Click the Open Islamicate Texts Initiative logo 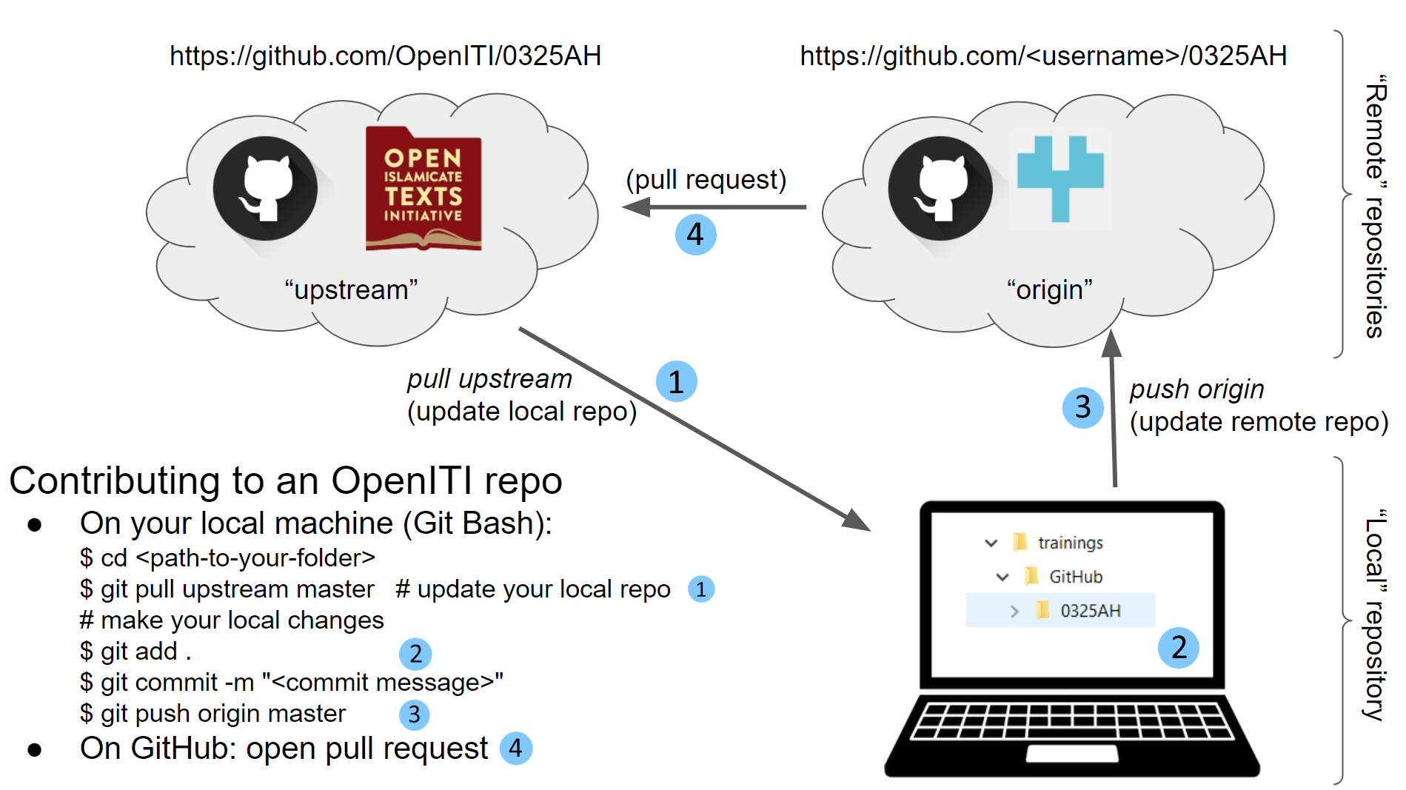coord(424,189)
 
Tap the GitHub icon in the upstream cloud coord(265,188)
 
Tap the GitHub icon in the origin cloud coord(940,188)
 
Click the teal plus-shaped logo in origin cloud coord(1060,178)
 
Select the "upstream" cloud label coord(351,289)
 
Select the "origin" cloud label coord(1049,289)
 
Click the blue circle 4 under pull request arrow coord(695,235)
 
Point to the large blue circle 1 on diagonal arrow coord(676,382)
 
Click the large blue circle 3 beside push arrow coord(1082,407)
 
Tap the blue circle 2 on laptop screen coord(1178,648)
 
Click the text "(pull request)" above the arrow coord(706,179)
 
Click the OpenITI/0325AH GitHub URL coord(385,56)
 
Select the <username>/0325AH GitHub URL coord(1042,56)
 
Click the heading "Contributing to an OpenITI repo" coord(286,481)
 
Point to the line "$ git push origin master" coord(213,714)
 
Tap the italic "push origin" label coord(1196,389)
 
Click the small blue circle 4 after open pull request coord(515,749)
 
